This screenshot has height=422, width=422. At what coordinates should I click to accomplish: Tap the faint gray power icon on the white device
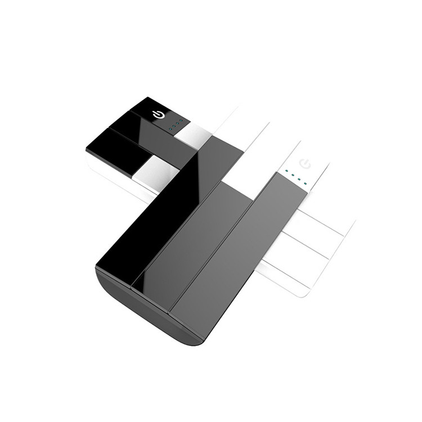[307, 164]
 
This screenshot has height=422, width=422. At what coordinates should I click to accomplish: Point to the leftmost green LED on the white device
[286, 172]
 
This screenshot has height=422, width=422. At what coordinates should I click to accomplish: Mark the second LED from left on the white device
[293, 176]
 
